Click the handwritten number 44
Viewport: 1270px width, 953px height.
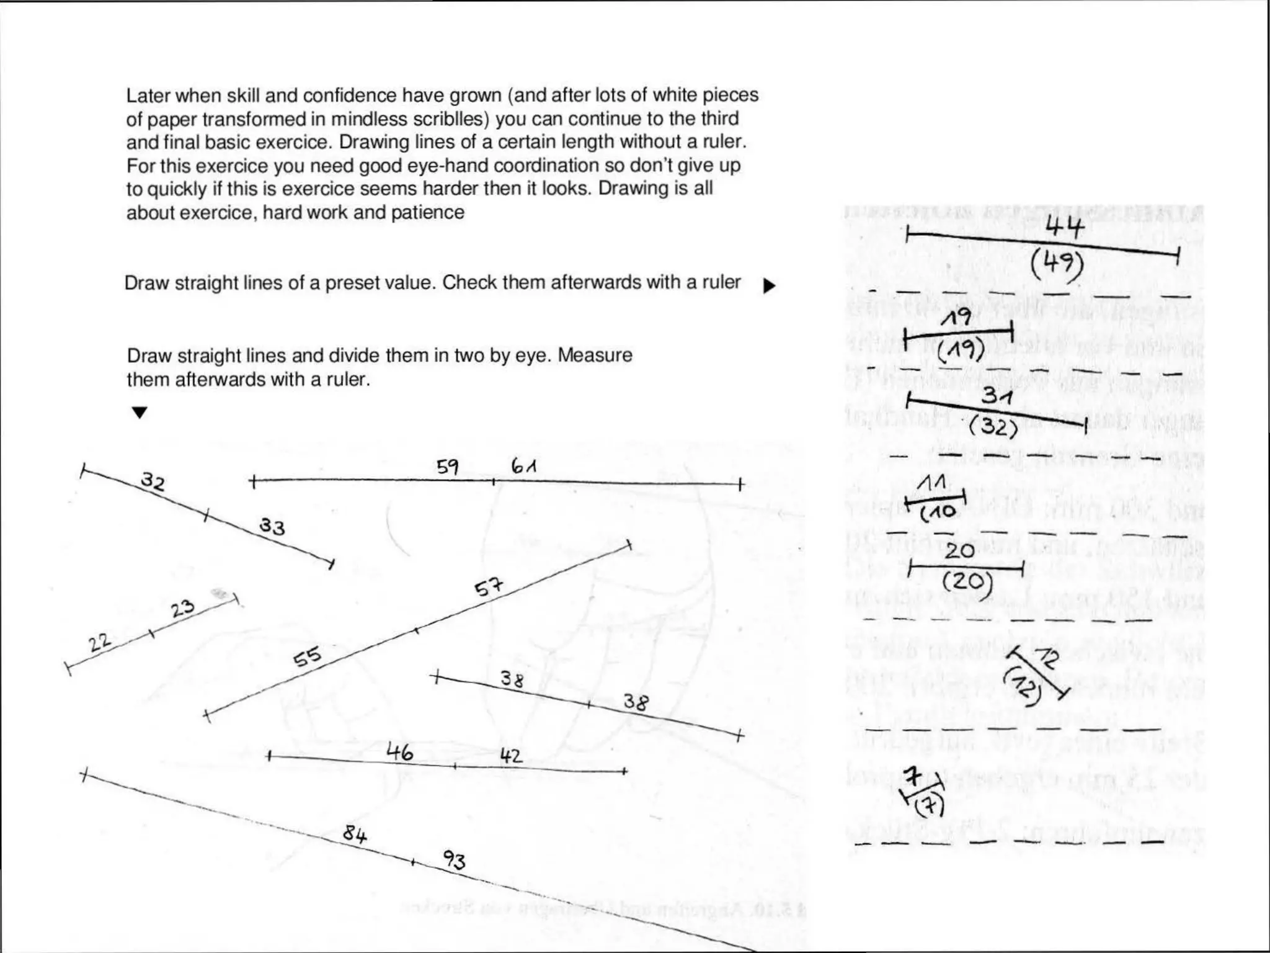pyautogui.click(x=1065, y=228)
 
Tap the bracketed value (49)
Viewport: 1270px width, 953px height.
pyautogui.click(x=1057, y=264)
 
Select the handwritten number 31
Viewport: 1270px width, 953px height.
pyautogui.click(x=997, y=396)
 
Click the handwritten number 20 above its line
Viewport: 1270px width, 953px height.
pyautogui.click(x=959, y=550)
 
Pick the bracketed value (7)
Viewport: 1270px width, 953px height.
pyautogui.click(x=930, y=806)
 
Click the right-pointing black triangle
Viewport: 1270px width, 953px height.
pyautogui.click(x=769, y=286)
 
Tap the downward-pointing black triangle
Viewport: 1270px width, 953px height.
pyautogui.click(x=140, y=413)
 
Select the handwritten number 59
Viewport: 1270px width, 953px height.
pyautogui.click(x=447, y=467)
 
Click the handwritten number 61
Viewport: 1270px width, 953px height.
pyautogui.click(x=524, y=465)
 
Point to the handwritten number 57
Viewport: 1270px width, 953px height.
pyautogui.click(x=489, y=587)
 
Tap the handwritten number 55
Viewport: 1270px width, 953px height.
pyautogui.click(x=308, y=656)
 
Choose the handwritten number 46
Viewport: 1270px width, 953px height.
pyautogui.click(x=399, y=753)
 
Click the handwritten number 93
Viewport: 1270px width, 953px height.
pyautogui.click(x=454, y=860)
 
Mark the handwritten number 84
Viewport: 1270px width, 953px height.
pyautogui.click(x=355, y=834)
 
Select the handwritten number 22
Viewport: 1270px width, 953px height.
pyautogui.click(x=99, y=643)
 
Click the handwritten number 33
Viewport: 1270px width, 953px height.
pyautogui.click(x=272, y=527)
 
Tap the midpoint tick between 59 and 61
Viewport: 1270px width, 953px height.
pyautogui.click(x=494, y=481)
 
